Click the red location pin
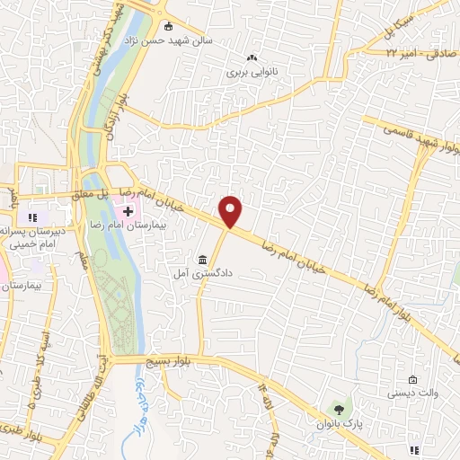(232, 212)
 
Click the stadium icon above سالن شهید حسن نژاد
(168, 25)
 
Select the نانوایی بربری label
(248, 68)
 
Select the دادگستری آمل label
(200, 269)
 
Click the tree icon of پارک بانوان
(338, 409)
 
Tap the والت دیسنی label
(411, 394)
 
